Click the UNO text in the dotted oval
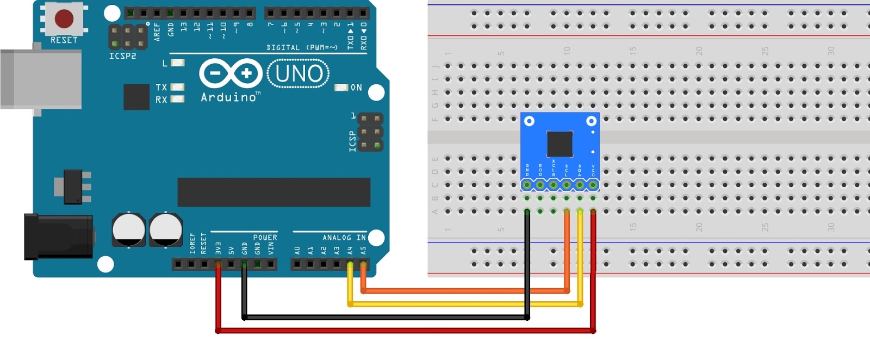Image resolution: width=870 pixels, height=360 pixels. click(x=299, y=74)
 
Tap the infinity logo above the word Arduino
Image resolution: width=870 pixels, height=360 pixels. click(x=231, y=73)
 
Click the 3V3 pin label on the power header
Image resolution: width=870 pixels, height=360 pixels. click(x=218, y=248)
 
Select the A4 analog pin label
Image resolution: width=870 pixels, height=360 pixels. click(x=350, y=251)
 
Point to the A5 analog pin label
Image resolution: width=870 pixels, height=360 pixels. click(x=363, y=251)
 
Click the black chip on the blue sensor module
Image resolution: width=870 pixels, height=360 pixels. click(x=560, y=144)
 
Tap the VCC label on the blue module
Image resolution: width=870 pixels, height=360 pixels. click(x=593, y=170)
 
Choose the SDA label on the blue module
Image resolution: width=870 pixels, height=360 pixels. click(x=580, y=170)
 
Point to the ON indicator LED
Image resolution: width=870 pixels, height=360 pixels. click(x=341, y=88)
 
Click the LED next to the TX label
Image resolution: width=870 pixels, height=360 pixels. click(x=177, y=87)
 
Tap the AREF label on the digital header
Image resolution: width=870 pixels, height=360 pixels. click(x=157, y=32)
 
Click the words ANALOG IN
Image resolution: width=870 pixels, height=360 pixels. click(x=344, y=238)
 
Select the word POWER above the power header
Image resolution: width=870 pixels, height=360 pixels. click(x=265, y=238)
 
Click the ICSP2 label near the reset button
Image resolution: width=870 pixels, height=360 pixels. click(x=122, y=56)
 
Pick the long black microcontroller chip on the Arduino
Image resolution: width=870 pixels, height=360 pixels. click(x=274, y=192)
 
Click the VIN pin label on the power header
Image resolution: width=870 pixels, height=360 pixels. click(x=271, y=248)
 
